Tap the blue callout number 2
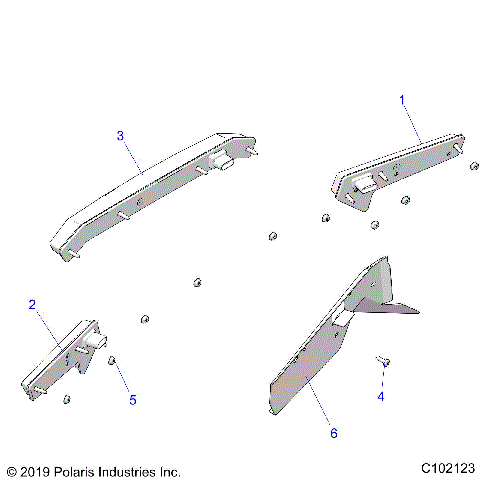32,304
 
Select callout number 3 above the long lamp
120,135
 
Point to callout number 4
380,397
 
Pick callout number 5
132,400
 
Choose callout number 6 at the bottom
334,433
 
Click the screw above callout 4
383,360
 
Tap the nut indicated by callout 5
113,360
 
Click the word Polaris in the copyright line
82,469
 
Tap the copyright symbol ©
11,469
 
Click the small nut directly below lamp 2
66,400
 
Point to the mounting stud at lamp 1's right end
459,146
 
